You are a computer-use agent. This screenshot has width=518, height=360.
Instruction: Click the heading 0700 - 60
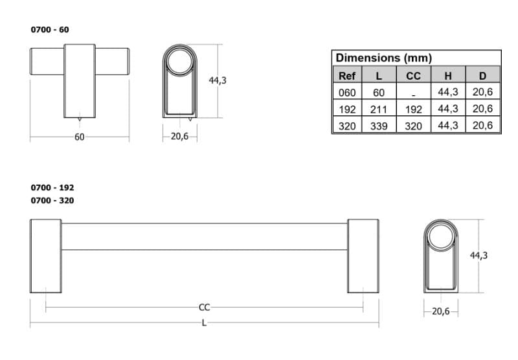pos(50,30)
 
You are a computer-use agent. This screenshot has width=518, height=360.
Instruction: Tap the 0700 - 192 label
pos(52,188)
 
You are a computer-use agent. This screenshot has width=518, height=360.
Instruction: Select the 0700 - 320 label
pos(52,201)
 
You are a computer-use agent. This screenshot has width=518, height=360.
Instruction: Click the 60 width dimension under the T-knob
pos(79,137)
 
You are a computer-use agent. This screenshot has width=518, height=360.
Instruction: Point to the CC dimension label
pos(204,308)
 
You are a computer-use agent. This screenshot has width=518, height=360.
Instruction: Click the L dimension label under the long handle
pos(204,323)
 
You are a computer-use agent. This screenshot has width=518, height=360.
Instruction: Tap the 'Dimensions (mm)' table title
pos(384,58)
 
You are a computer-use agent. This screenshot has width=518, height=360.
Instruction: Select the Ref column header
pos(347,76)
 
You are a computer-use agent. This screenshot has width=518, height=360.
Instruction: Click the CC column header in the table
pos(413,76)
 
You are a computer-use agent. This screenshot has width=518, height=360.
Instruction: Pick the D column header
pos(482,76)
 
